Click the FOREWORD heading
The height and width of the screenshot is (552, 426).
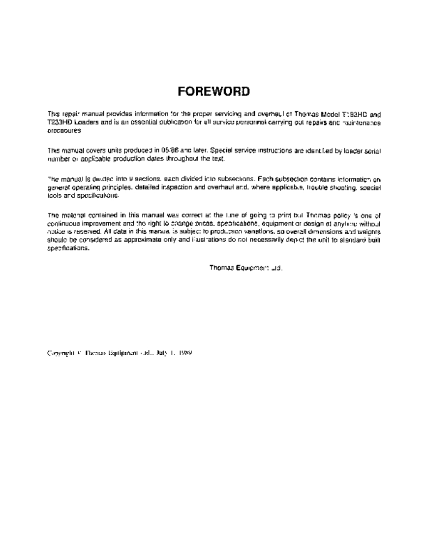[213, 92]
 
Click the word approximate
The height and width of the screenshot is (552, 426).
[144, 240]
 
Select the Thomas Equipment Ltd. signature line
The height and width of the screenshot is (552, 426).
[246, 268]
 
